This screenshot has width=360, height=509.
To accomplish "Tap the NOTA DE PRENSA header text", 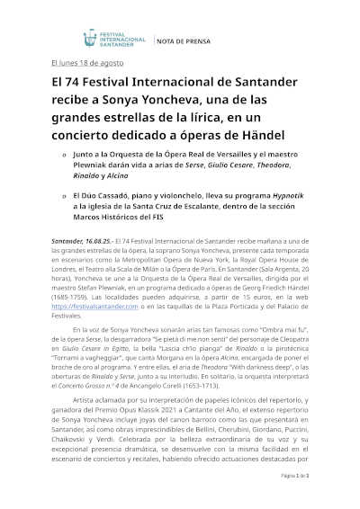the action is click(184, 40).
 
